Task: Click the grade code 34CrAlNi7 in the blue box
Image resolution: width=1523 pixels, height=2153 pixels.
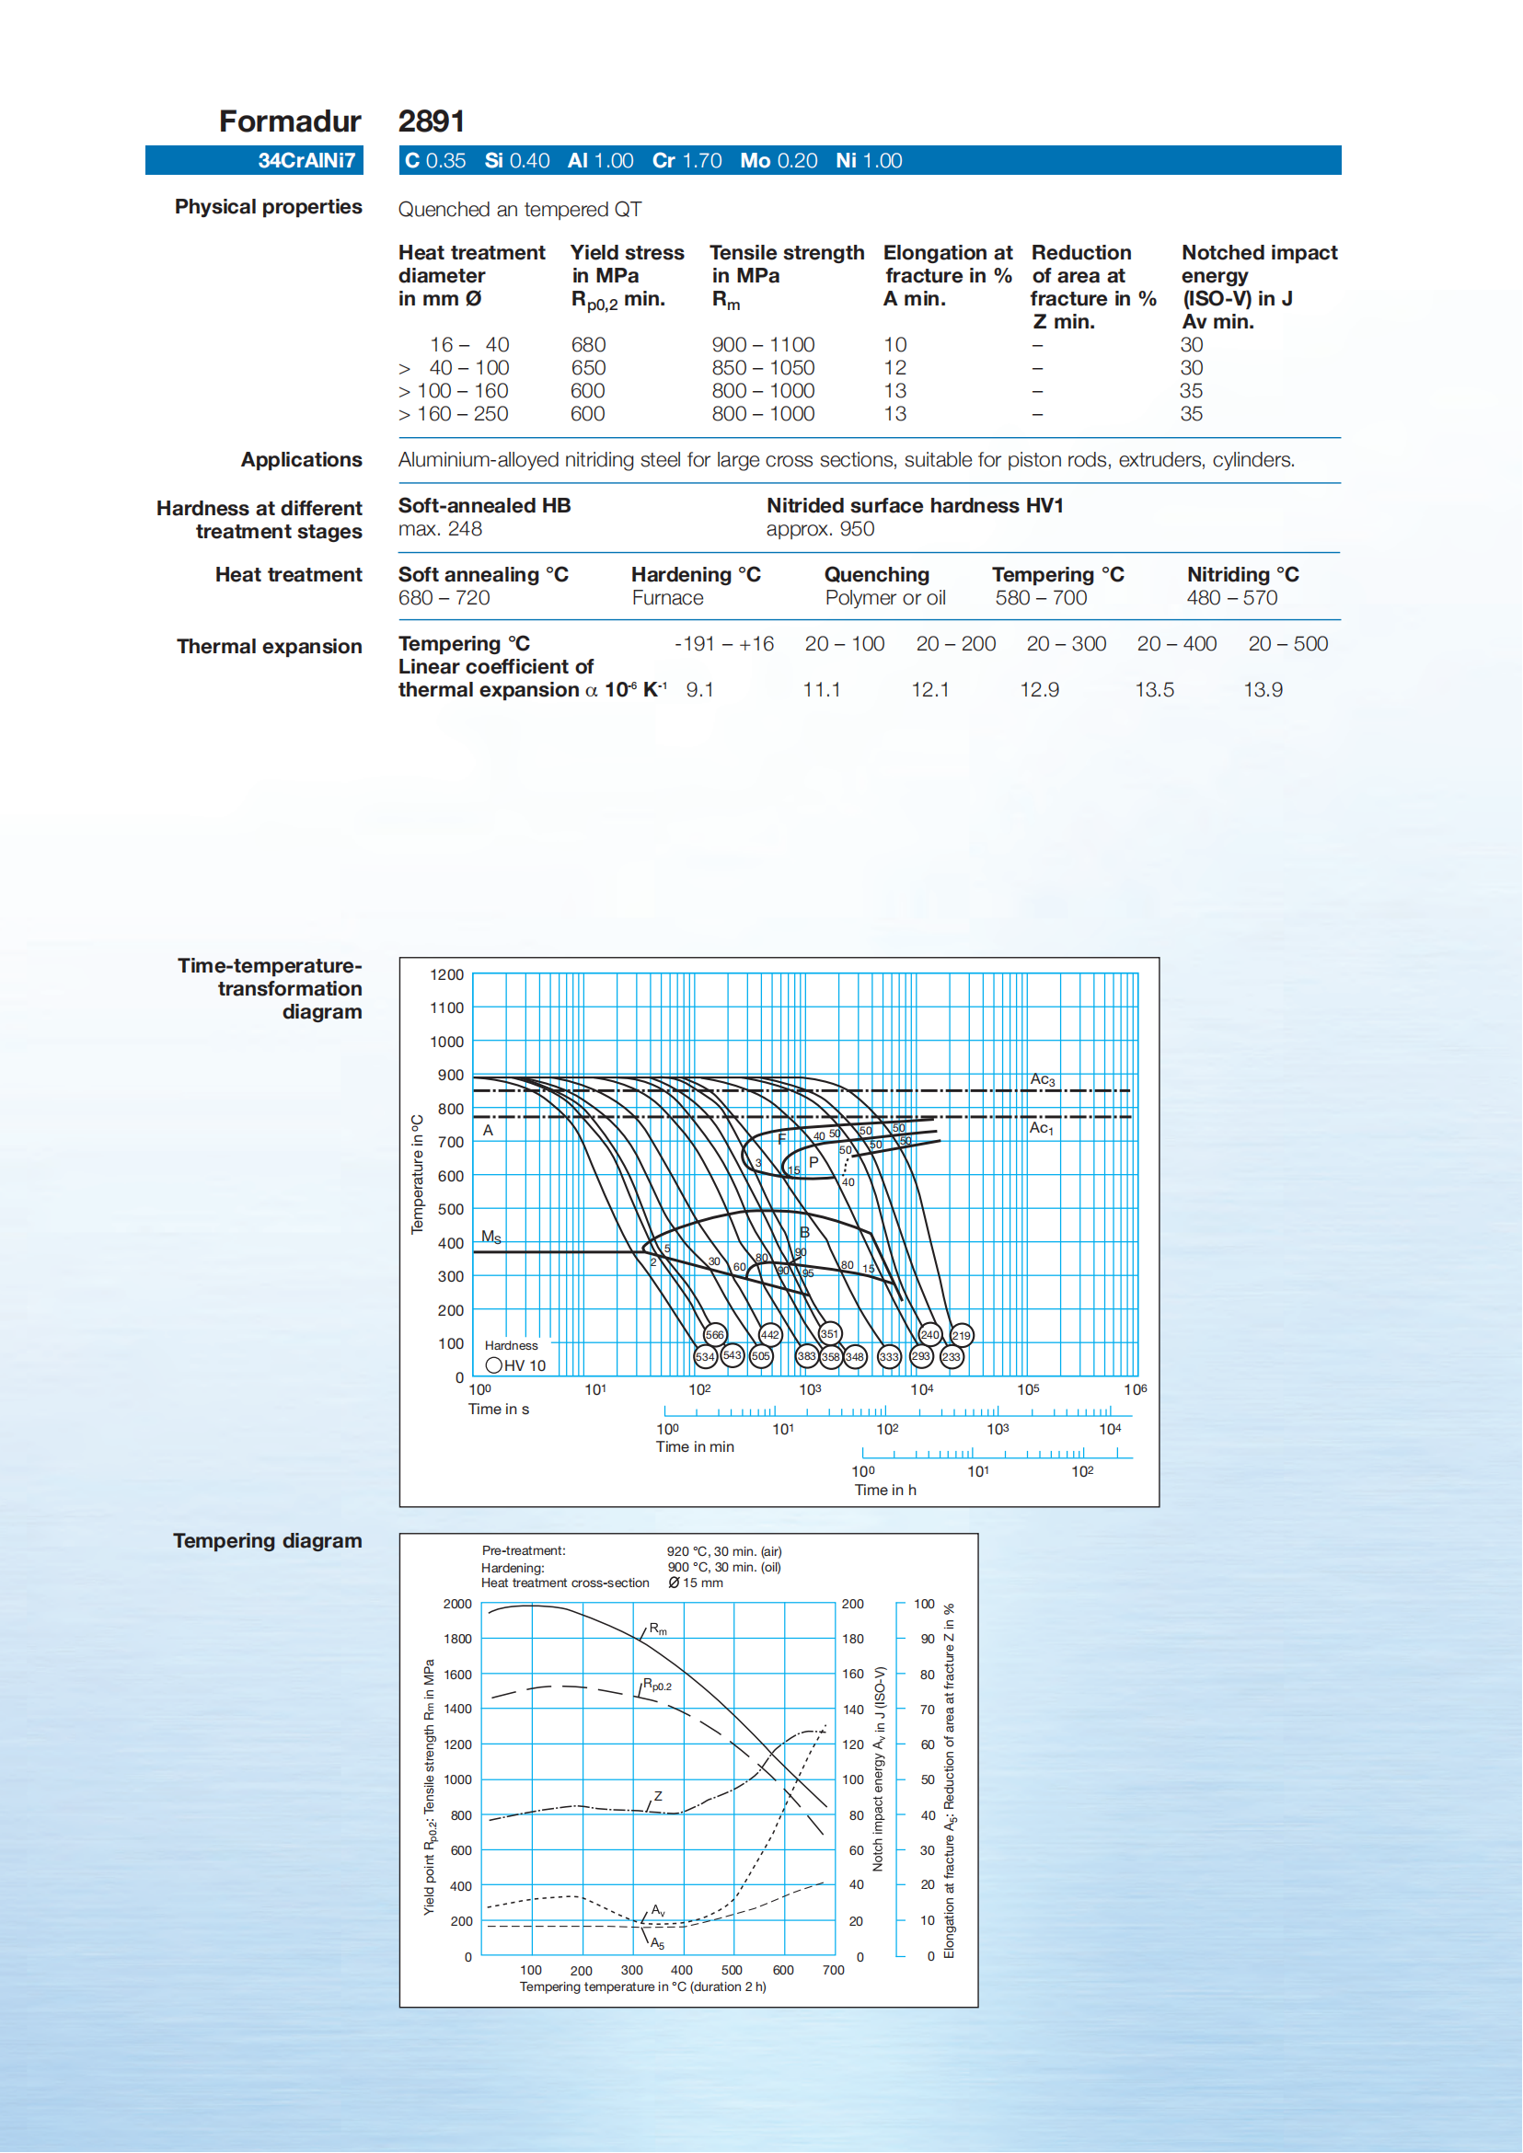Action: [306, 160]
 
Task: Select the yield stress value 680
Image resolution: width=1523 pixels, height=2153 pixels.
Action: [588, 345]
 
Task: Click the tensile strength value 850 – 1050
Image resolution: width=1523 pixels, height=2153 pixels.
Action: [763, 368]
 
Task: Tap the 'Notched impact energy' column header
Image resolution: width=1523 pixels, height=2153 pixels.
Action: [1259, 286]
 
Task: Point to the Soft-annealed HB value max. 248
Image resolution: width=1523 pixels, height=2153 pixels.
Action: [440, 529]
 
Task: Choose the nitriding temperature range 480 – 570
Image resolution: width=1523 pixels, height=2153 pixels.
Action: [1231, 598]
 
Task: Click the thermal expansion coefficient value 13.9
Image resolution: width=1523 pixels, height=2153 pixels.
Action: [1263, 690]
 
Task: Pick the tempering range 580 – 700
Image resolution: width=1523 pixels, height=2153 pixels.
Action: [1040, 598]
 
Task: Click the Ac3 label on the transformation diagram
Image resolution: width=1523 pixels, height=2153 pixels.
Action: [1042, 1079]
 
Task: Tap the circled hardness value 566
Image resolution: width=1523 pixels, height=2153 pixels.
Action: [715, 1334]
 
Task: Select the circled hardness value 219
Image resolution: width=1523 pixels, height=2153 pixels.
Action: [962, 1334]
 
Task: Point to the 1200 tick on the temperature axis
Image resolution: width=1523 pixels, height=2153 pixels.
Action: [447, 975]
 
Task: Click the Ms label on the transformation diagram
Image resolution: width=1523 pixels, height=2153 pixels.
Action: [490, 1237]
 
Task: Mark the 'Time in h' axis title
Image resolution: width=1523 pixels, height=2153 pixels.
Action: [884, 1490]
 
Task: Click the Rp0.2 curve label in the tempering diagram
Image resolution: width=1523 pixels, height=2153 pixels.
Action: [656, 1685]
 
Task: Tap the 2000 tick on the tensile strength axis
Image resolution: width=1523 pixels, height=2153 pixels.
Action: [457, 1605]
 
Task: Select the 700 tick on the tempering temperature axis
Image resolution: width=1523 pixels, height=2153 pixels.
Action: [833, 1970]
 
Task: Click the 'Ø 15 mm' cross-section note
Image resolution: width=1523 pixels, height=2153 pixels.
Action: [695, 1583]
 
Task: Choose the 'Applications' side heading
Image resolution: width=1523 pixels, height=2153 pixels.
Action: [301, 459]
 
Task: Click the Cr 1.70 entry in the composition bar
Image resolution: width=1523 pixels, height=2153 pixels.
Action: [687, 160]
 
